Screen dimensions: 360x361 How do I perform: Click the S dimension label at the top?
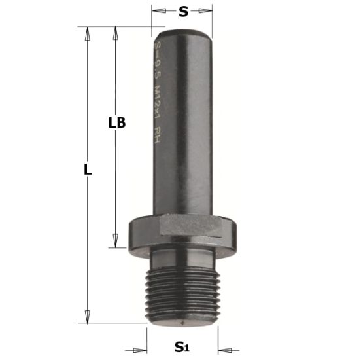(x=183, y=11)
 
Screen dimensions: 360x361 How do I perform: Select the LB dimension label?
(x=117, y=122)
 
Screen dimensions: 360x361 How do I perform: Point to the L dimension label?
(x=88, y=170)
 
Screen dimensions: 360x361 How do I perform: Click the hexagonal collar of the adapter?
(x=186, y=228)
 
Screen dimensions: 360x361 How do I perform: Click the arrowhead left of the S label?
(x=156, y=11)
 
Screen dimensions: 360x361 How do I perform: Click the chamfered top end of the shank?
(x=182, y=31)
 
